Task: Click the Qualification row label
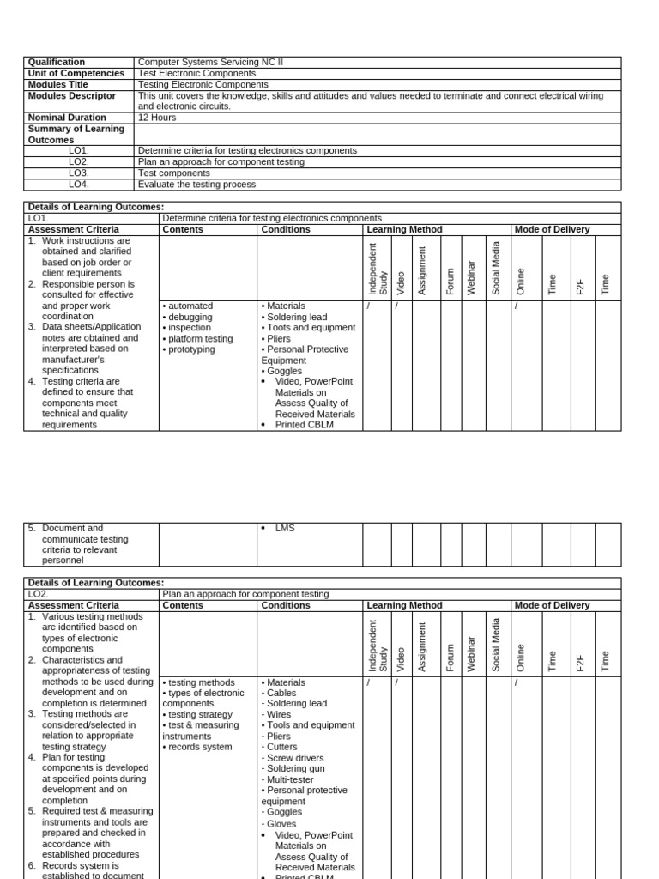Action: pyautogui.click(x=57, y=62)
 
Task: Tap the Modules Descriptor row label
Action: pyautogui.click(x=71, y=95)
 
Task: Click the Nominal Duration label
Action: pyautogui.click(x=67, y=118)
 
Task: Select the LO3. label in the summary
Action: pyautogui.click(x=79, y=173)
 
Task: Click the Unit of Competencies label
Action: pyautogui.click(x=76, y=73)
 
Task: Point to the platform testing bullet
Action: pyautogui.click(x=197, y=338)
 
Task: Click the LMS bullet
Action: pyautogui.click(x=284, y=528)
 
